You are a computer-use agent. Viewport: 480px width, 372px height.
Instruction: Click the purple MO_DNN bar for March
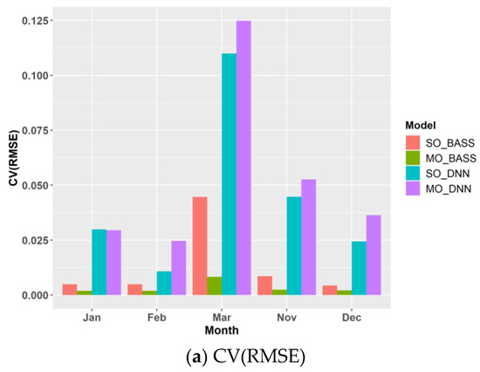(x=243, y=158)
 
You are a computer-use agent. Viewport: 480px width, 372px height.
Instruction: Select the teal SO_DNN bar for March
(x=229, y=175)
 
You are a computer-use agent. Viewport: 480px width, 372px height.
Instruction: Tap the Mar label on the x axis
(x=222, y=318)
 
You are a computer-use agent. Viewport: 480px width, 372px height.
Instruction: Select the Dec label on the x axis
(x=351, y=318)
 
